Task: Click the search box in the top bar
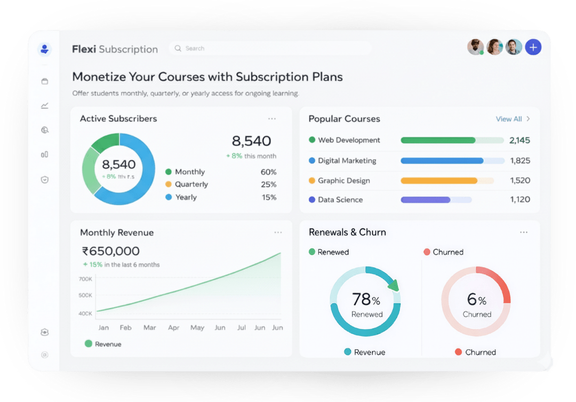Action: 270,49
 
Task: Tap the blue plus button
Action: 533,48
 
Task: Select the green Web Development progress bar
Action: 438,140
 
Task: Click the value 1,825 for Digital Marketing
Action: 520,161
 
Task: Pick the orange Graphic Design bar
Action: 439,181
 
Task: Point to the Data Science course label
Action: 340,200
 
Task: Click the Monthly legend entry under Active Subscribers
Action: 189,172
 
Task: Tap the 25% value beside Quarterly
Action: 268,185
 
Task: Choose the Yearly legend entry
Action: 186,198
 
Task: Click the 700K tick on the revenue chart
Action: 85,279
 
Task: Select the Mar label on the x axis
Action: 150,328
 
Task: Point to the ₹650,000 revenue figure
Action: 111,251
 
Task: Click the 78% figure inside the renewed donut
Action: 366,299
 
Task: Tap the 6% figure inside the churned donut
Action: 476,300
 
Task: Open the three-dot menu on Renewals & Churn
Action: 524,233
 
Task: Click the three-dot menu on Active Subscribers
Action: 272,119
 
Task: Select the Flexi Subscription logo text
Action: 115,50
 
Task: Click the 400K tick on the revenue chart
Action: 85,313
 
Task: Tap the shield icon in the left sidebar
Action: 45,180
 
